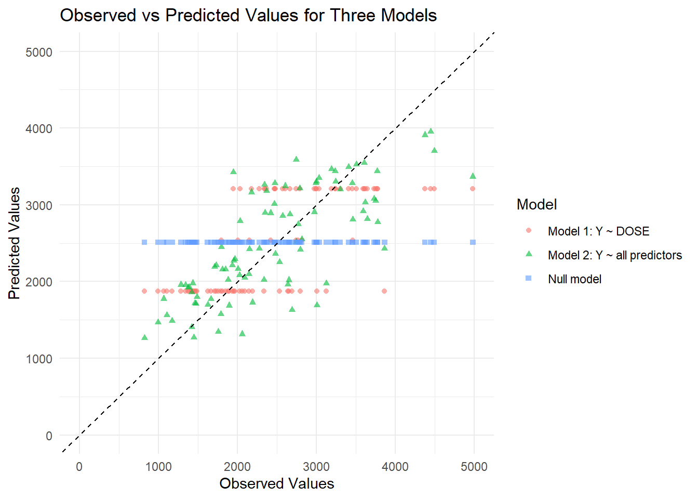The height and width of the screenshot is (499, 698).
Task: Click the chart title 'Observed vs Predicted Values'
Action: coord(248,16)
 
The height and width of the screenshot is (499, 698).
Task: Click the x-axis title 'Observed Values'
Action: coord(276,483)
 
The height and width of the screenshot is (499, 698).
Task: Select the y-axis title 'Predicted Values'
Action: coord(15,243)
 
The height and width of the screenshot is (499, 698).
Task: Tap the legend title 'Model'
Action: coord(536,204)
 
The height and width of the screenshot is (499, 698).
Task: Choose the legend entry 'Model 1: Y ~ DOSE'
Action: coord(598,231)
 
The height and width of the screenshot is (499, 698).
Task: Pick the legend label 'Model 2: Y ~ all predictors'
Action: coord(614,255)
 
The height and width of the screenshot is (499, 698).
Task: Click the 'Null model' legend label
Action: coord(574,279)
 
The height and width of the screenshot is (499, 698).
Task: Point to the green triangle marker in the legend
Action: coord(529,254)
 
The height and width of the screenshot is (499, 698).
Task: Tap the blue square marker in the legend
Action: coord(529,279)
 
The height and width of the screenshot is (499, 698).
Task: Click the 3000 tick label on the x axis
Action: coord(316,467)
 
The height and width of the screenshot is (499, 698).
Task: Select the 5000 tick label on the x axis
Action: coord(474,467)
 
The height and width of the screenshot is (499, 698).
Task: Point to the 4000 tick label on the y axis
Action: coord(39,129)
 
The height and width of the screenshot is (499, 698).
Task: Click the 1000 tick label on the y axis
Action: coord(39,359)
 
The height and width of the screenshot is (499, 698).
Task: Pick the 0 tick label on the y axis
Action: coord(49,436)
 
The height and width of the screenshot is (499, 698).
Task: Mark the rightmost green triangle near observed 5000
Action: coord(473,176)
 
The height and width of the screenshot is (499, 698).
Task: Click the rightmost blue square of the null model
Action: coord(473,242)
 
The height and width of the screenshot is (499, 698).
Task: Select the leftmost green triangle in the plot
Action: coord(145,337)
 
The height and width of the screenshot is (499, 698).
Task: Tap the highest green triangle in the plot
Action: coord(431,132)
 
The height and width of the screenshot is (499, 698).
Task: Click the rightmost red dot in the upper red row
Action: coord(473,189)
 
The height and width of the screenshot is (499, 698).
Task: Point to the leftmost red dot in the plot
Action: coord(144,291)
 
